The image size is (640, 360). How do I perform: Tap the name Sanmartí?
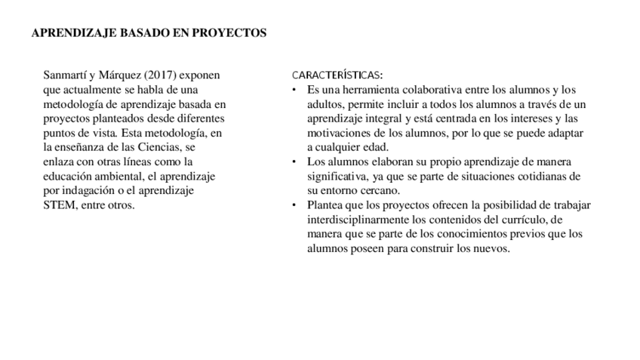[65, 75]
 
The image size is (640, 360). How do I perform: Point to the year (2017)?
[161, 75]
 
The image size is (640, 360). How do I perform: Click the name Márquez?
[118, 75]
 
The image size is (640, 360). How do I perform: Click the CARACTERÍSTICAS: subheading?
[337, 75]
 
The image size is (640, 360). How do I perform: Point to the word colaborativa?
[426, 90]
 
